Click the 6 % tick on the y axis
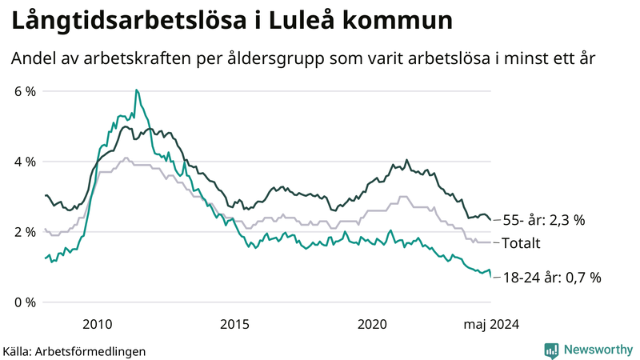point(26,91)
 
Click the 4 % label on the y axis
point(26,162)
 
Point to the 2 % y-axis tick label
point(26,232)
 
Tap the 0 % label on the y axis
point(26,302)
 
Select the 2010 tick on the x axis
point(98,324)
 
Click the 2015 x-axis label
point(235,324)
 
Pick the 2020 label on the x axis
point(372,324)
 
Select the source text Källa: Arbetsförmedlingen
point(74,350)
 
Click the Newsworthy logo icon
point(551,350)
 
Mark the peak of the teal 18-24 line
point(136,90)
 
